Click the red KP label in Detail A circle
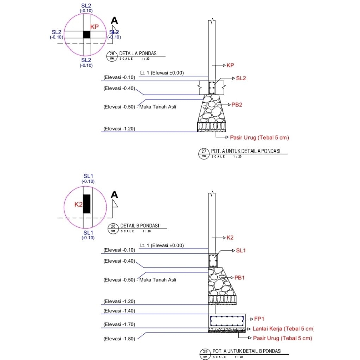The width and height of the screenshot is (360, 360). (94, 27)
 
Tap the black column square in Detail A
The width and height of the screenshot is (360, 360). (86, 34)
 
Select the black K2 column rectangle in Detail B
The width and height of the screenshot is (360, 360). (86, 204)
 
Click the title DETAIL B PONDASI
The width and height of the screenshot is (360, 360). (140, 225)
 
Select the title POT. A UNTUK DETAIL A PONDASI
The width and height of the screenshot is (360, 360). (245, 151)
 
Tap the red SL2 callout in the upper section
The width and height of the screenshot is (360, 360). (241, 78)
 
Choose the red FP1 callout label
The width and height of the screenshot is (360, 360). (259, 319)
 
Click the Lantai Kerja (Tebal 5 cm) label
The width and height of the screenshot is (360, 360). (283, 329)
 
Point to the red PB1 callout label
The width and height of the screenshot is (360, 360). (239, 278)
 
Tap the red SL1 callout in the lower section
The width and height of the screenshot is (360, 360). (241, 251)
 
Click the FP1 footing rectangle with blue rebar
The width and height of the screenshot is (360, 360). (227, 320)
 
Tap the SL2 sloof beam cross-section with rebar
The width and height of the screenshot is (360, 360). (212, 88)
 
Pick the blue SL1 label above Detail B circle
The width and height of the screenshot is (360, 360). (88, 176)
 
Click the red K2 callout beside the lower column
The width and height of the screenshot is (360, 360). (230, 238)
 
